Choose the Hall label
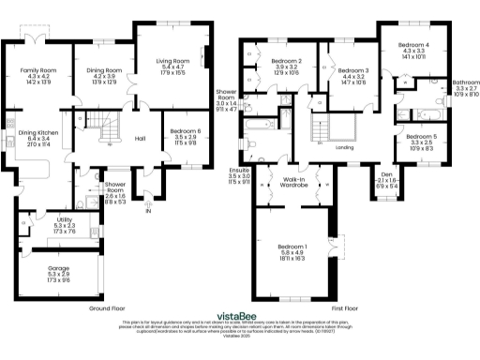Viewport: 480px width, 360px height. click(x=140, y=139)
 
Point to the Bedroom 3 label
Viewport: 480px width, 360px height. click(x=352, y=70)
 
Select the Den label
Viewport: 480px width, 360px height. click(x=386, y=173)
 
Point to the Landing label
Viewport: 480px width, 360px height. click(x=344, y=148)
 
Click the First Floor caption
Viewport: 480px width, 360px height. click(x=344, y=307)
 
